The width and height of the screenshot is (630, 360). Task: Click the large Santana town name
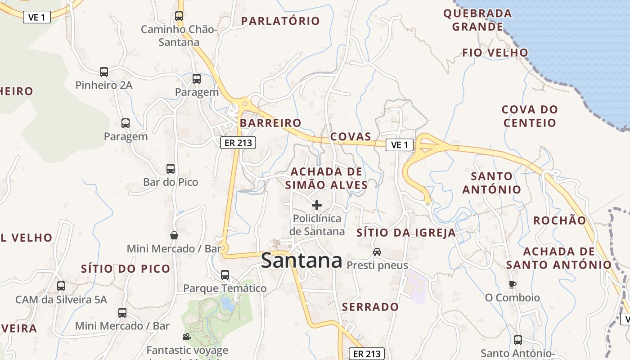tap(301, 261)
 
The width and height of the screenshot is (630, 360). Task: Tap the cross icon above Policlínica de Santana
tap(317, 205)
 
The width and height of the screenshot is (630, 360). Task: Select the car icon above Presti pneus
tap(377, 252)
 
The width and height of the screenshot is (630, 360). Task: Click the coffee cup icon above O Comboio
tap(512, 284)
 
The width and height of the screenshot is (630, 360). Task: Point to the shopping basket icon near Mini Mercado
tap(174, 235)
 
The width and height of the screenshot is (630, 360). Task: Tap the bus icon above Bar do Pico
tap(171, 169)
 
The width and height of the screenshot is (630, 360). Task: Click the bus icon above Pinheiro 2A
tap(104, 72)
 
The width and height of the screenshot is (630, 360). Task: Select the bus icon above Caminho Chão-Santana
tap(179, 16)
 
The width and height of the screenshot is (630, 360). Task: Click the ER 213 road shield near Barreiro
tap(238, 143)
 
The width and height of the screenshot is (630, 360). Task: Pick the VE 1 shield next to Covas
tap(399, 145)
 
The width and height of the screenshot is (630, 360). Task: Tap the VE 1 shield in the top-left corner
tap(37, 17)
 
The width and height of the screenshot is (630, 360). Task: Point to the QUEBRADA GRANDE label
tap(477, 20)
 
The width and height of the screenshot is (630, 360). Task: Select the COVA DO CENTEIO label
tap(530, 116)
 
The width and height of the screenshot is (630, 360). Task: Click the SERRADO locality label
tap(370, 307)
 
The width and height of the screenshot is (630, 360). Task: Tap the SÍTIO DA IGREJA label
tap(406, 233)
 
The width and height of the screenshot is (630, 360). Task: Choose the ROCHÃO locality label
tap(560, 220)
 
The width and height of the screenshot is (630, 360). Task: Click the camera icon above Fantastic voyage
tap(187, 337)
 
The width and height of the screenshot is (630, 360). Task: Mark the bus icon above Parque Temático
tap(225, 274)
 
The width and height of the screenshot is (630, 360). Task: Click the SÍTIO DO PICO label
tap(126, 269)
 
